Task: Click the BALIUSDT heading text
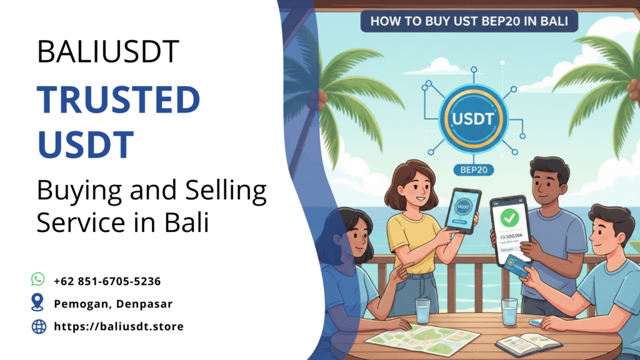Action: (x=108, y=52)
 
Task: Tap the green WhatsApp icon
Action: (x=39, y=279)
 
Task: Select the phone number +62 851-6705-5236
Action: (x=107, y=281)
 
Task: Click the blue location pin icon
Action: (x=38, y=303)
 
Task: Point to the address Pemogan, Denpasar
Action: (x=113, y=304)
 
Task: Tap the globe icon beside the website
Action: (x=39, y=326)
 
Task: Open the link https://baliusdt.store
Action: (x=118, y=326)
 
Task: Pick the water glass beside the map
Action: (x=422, y=311)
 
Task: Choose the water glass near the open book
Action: (x=509, y=311)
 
